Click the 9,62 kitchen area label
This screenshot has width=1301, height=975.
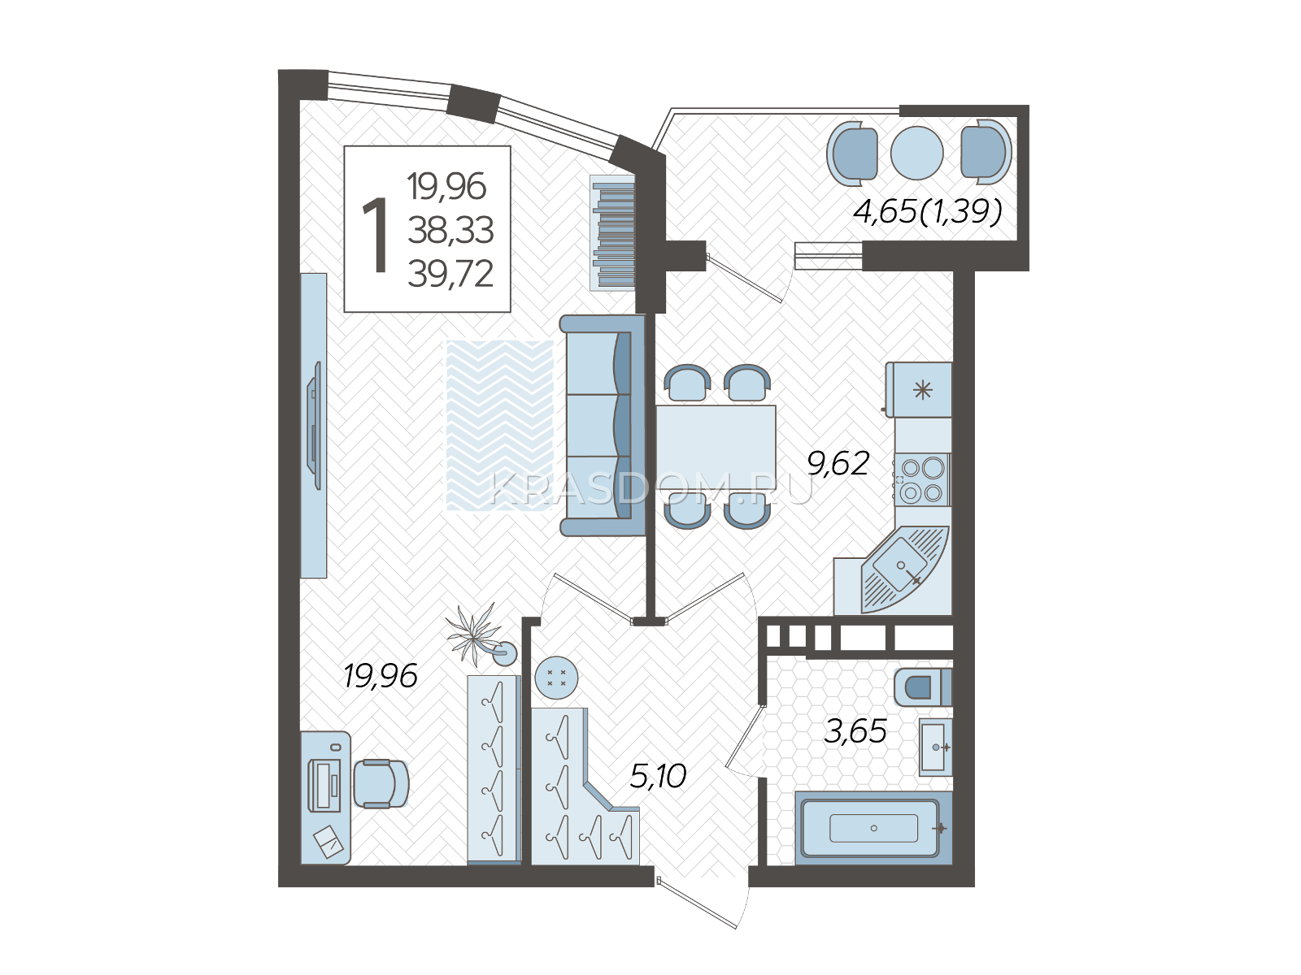pos(838,463)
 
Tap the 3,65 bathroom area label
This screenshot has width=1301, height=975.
pos(855,731)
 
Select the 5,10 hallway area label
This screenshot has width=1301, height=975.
pos(658,775)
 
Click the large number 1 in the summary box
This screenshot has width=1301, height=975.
pos(375,236)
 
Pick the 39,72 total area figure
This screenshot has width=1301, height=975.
pos(450,274)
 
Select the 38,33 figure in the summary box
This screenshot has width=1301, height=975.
pos(450,230)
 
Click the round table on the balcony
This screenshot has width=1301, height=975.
pos(916,153)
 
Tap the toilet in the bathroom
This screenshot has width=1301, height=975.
pos(922,687)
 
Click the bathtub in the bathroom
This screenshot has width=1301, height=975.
pos(873,828)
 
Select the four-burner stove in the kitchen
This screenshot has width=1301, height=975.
pos(922,479)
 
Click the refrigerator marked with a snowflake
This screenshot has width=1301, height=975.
pos(919,389)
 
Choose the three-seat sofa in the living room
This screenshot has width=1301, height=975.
pos(603,426)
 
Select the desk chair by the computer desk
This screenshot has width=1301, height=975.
pos(381,783)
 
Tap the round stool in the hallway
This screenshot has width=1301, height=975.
pos(556,678)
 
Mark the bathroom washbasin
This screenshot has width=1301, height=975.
pos(935,747)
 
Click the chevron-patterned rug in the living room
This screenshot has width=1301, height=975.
pos(499,425)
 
